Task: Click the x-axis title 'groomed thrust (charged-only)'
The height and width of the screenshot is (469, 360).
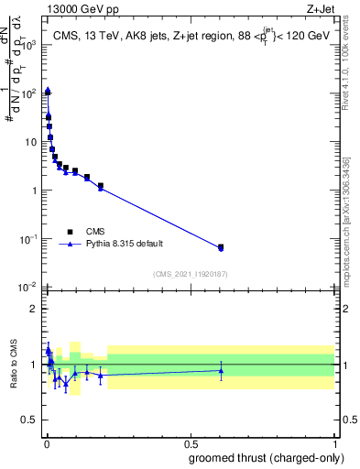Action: coord(262,457)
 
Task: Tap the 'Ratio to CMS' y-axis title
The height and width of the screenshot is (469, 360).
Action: coord(13,365)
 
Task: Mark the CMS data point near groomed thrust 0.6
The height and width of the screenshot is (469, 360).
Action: coord(221,247)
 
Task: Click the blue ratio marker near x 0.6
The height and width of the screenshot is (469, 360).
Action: coord(221,371)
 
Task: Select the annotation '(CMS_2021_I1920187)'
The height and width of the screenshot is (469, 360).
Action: coord(191,274)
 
